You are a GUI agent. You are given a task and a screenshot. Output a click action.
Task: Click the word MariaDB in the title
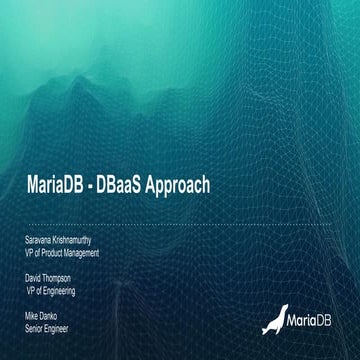(x=62, y=186)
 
